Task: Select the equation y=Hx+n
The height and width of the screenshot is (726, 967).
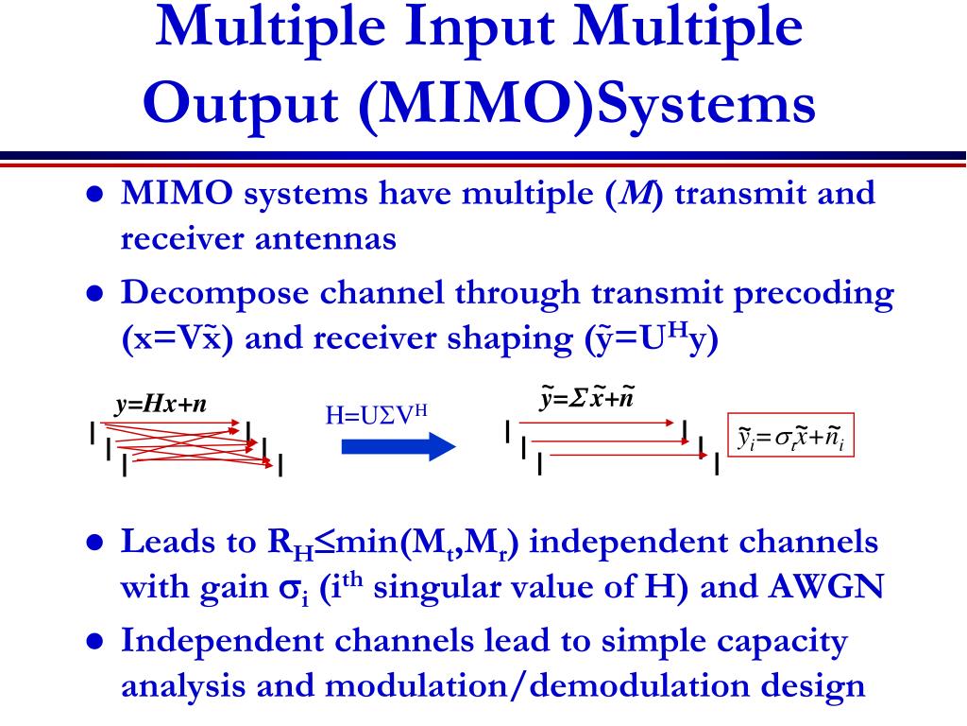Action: tap(161, 406)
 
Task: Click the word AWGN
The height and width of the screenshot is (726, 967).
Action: tap(827, 587)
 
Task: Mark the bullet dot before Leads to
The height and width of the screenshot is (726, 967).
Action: tap(93, 544)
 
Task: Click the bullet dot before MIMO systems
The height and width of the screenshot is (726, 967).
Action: tap(93, 195)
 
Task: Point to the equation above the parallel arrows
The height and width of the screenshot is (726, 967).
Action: tap(586, 399)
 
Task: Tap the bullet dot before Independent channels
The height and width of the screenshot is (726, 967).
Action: tap(93, 641)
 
